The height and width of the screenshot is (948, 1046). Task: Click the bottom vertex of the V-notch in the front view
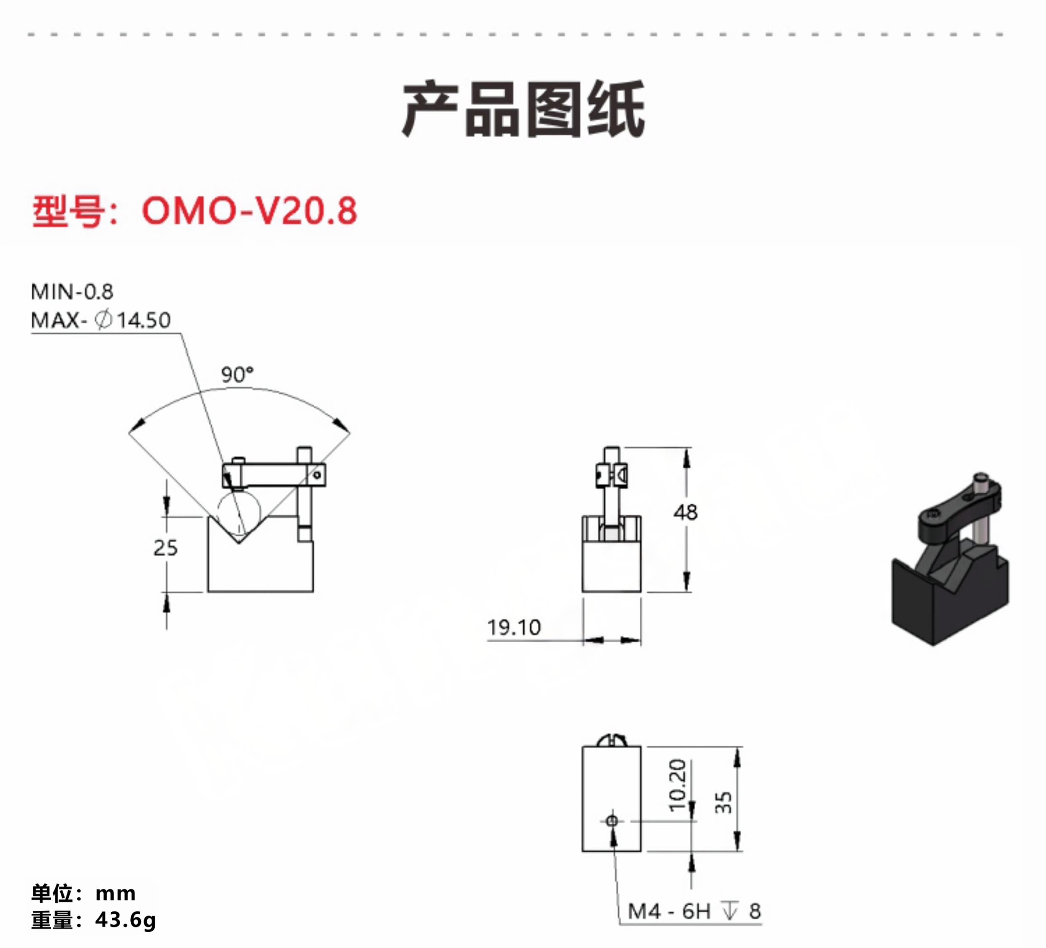point(238,543)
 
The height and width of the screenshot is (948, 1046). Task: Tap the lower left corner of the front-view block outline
point(208,592)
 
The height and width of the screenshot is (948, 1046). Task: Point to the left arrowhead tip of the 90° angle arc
point(129,432)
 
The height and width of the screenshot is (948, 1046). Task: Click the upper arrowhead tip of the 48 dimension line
point(687,448)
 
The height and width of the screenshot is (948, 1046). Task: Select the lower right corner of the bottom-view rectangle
point(641,851)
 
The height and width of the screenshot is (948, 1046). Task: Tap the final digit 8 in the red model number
point(346,211)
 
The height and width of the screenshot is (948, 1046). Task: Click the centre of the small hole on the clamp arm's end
point(316,475)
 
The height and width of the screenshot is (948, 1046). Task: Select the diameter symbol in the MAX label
point(103,319)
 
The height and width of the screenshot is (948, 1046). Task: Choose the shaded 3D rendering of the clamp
point(950,559)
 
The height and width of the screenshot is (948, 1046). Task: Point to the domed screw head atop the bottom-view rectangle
point(612,741)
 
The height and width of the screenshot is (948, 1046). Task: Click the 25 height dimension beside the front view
point(165,548)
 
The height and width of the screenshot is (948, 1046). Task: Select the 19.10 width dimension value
point(514,628)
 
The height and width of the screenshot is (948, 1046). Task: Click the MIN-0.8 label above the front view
point(72,292)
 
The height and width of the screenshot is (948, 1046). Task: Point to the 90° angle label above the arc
point(237,374)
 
